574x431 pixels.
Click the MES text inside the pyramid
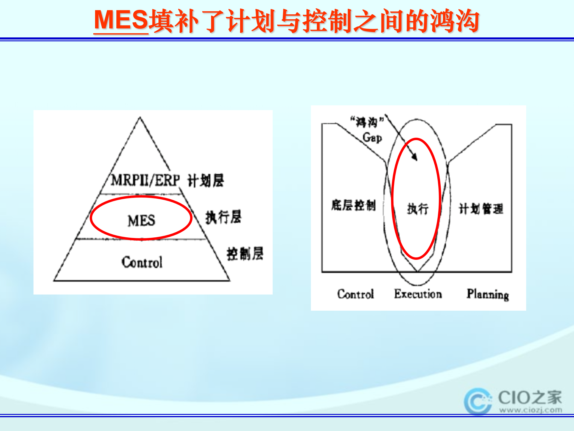(141, 221)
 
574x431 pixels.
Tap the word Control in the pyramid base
(142, 262)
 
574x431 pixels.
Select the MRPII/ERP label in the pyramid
(145, 180)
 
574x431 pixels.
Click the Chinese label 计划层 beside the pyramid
(206, 181)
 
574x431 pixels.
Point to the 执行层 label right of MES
(223, 217)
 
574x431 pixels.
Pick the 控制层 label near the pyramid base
(245, 254)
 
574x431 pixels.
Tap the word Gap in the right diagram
(372, 138)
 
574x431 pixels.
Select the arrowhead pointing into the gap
(414, 157)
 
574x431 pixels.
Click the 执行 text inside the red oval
(418, 209)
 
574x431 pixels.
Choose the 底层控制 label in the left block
(353, 205)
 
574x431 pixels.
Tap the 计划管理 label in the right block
(481, 209)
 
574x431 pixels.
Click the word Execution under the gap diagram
(418, 294)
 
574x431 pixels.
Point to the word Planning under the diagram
(488, 294)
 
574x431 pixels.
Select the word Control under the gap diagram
(355, 294)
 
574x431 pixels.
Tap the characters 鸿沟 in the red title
(454, 21)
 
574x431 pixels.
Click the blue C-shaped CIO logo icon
(478, 401)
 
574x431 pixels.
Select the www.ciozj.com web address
(530, 410)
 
